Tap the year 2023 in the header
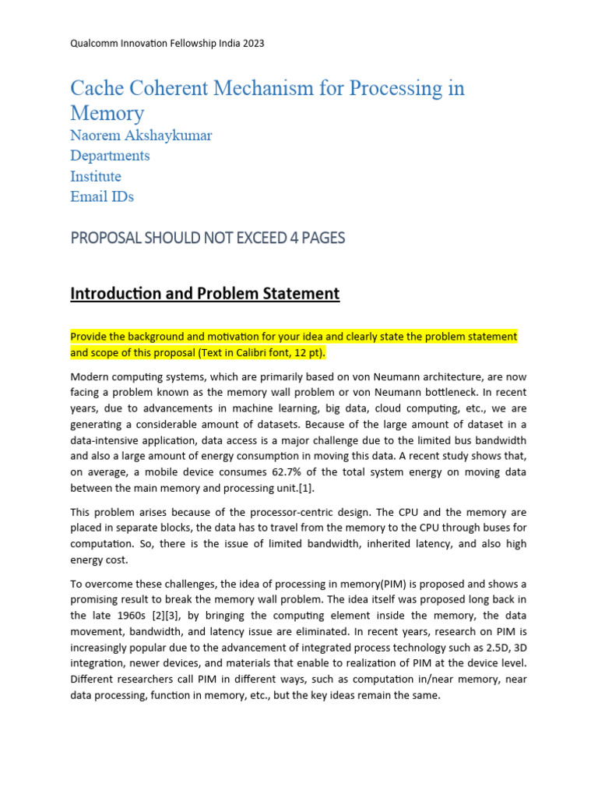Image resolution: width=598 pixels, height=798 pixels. click(252, 44)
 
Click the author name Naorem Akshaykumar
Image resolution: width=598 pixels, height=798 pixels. click(141, 136)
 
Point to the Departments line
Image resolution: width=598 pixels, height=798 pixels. click(110, 156)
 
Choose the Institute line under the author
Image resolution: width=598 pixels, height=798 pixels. click(96, 176)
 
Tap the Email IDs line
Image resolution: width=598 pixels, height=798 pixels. click(102, 196)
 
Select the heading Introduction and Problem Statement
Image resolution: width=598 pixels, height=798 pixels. click(205, 294)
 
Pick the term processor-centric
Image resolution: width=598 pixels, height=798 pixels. click(314, 513)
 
